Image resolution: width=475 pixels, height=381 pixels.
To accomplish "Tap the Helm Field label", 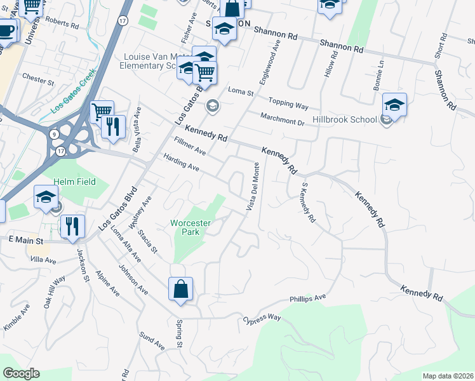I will coord(74,182).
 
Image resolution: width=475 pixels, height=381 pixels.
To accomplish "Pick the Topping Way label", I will coord(288,102).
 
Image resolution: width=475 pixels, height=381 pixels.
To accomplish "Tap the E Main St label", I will coord(25,241).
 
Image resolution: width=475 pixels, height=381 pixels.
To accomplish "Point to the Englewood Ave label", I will coord(269,65).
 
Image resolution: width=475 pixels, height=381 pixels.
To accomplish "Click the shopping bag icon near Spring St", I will coord(181,290).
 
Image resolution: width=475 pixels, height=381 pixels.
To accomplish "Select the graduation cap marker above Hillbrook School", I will coord(394,106).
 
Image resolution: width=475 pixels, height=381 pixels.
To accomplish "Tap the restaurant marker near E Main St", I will coord(72,227).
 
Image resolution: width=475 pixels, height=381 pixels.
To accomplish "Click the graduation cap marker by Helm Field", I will coord(46,198).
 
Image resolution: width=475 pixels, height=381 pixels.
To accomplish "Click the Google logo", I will coord(21,373).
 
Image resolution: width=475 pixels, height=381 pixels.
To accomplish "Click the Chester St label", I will coord(38,81).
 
